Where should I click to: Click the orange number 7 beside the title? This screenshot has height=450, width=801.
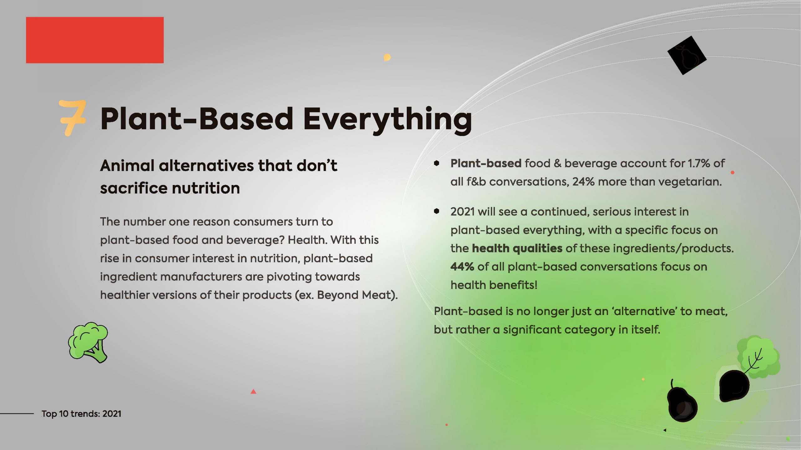tap(73, 117)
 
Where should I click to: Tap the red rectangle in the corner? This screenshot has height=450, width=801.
tap(95, 40)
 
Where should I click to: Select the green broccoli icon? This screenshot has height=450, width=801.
tap(88, 342)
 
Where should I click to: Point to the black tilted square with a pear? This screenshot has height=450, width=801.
tap(687, 55)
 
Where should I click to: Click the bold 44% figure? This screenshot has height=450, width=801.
tap(462, 267)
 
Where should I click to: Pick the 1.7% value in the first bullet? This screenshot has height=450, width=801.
tap(699, 163)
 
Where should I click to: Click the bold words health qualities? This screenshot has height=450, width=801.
tap(517, 248)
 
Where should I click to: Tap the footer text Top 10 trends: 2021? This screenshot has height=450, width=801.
tap(81, 413)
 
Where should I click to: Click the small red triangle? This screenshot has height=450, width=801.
tap(253, 391)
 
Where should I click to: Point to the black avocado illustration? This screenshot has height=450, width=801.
tap(682, 402)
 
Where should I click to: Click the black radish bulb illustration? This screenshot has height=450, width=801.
tap(734, 386)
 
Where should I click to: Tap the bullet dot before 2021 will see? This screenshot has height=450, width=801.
tap(436, 211)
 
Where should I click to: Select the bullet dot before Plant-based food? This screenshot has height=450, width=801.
tap(436, 163)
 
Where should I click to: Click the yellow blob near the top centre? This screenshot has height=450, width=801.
tap(387, 57)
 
